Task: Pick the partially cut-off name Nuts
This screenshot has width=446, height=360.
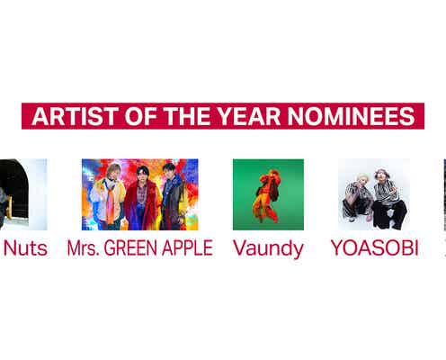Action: (24, 247)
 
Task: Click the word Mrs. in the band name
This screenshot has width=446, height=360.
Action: (83, 247)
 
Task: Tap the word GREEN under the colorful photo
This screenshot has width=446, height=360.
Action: (131, 247)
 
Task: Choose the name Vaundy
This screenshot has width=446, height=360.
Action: (268, 247)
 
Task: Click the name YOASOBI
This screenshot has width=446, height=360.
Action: (374, 247)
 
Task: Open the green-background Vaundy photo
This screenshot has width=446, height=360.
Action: (268, 194)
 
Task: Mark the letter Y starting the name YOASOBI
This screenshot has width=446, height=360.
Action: (336, 247)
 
